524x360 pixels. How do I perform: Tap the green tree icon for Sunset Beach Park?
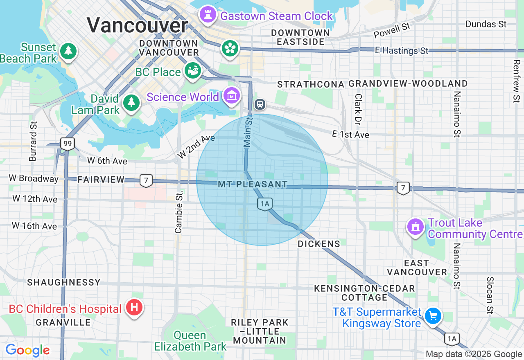pyautogui.click(x=68, y=51)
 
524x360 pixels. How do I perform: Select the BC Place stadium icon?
pyautogui.click(x=192, y=70)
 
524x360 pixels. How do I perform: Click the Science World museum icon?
pyautogui.click(x=232, y=96)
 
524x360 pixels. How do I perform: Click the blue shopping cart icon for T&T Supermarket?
pyautogui.click(x=433, y=315)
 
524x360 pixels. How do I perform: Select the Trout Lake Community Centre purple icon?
pyautogui.click(x=416, y=226)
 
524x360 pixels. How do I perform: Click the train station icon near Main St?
pyautogui.click(x=260, y=104)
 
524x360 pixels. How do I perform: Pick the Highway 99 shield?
pyautogui.click(x=67, y=144)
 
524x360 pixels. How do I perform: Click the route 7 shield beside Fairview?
pyautogui.click(x=146, y=180)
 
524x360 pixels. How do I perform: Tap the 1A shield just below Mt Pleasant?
pyautogui.click(x=265, y=203)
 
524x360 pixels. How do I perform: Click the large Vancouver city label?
pyautogui.click(x=137, y=25)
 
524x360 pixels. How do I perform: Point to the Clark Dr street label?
pyautogui.click(x=359, y=109)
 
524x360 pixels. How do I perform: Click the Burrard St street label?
pyautogui.click(x=33, y=141)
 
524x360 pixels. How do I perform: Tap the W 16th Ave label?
pyautogui.click(x=34, y=226)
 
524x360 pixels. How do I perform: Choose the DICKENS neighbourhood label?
pyautogui.click(x=319, y=244)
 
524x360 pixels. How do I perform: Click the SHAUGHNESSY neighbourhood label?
pyautogui.click(x=64, y=282)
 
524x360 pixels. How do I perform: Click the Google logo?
pyautogui.click(x=27, y=350)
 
